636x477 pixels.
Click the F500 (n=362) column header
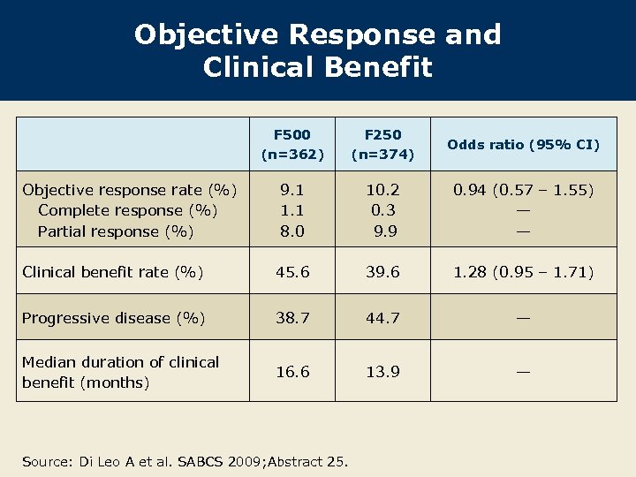point(292,145)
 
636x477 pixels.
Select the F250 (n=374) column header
point(382,145)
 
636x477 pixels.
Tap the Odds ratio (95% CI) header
point(523,145)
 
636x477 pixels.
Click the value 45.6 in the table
point(292,272)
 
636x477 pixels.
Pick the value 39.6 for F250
point(382,272)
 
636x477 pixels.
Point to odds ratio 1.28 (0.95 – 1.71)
point(523,272)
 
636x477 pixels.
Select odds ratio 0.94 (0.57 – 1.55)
point(523,190)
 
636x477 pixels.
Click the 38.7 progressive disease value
point(292,318)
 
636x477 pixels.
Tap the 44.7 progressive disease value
point(382,318)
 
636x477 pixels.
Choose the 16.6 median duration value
point(292,372)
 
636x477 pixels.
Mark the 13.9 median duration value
point(382,372)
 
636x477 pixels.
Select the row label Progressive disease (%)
point(113,318)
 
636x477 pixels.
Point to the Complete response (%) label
point(127,210)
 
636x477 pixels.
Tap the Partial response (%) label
point(116,231)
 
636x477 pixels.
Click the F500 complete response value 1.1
point(292,210)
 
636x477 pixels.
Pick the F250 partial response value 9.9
point(384,231)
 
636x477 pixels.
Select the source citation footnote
point(185,460)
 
